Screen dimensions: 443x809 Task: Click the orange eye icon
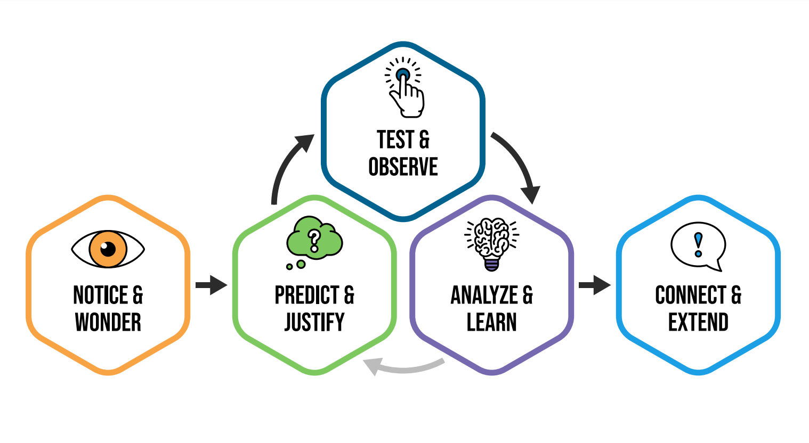pos(108,249)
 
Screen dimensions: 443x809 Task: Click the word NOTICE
pos(100,295)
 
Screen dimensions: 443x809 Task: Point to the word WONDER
pos(108,322)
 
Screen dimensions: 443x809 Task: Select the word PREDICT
pos(306,295)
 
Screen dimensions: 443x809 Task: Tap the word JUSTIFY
pos(314,322)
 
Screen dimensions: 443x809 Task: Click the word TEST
pos(395,140)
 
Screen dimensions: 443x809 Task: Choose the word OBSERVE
pos(403,167)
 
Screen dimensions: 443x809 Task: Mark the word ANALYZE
pos(484,295)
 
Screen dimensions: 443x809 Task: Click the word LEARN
pos(491,322)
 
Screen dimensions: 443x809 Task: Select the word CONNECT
pos(691,295)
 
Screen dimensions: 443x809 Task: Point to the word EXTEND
pos(698,322)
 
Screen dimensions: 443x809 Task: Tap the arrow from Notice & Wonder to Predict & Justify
pos(212,285)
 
